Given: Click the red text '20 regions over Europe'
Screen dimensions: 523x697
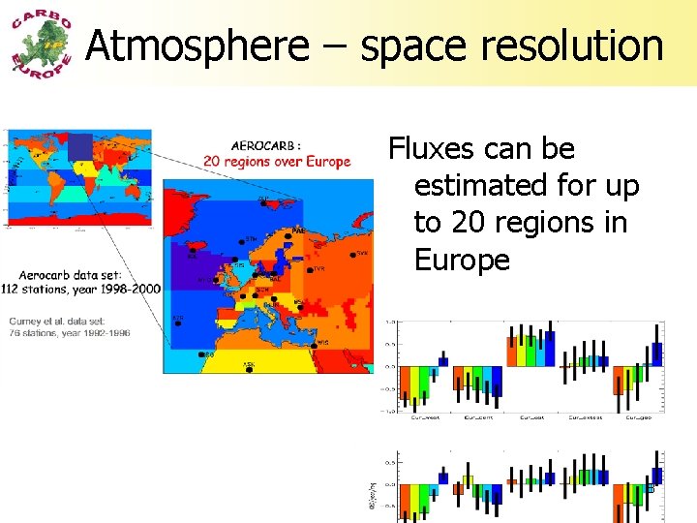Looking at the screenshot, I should coord(276,162).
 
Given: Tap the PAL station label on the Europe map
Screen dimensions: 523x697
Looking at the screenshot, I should coord(297,231).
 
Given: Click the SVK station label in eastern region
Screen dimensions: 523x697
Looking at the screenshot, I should coord(361,253).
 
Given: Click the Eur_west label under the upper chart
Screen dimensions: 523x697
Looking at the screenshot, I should coord(424,417).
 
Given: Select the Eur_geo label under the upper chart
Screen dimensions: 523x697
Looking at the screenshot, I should coord(637,417).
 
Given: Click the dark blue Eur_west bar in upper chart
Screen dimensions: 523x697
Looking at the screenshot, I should coord(443,361).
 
